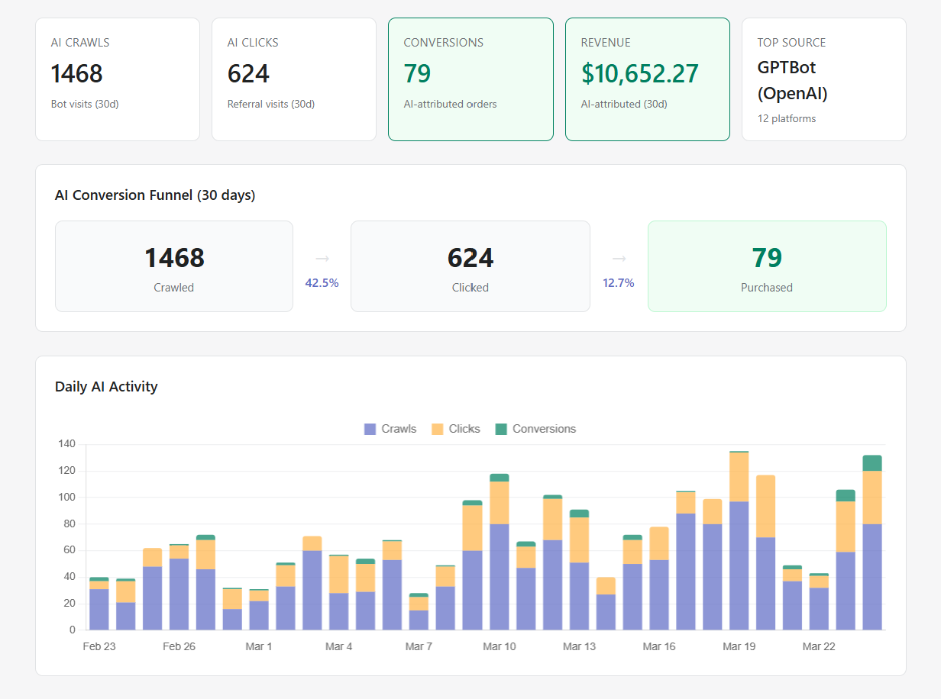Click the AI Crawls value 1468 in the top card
(x=76, y=74)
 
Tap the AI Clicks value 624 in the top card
(x=248, y=74)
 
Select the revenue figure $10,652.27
(x=639, y=74)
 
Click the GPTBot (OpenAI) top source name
(x=792, y=80)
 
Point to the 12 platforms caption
(x=786, y=118)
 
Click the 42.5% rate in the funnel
(x=322, y=283)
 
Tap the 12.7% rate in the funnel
(x=618, y=283)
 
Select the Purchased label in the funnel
(x=766, y=288)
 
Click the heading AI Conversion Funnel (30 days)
(x=155, y=195)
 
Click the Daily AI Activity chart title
(x=106, y=386)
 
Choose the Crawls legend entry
(x=390, y=429)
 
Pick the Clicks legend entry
(x=456, y=429)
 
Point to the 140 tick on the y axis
(x=67, y=444)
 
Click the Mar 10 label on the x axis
(x=500, y=646)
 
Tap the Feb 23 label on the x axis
(x=99, y=646)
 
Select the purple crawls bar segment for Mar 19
(x=739, y=565)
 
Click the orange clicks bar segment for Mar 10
(x=499, y=503)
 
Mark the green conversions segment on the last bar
(x=872, y=463)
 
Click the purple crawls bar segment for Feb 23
(x=99, y=609)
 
